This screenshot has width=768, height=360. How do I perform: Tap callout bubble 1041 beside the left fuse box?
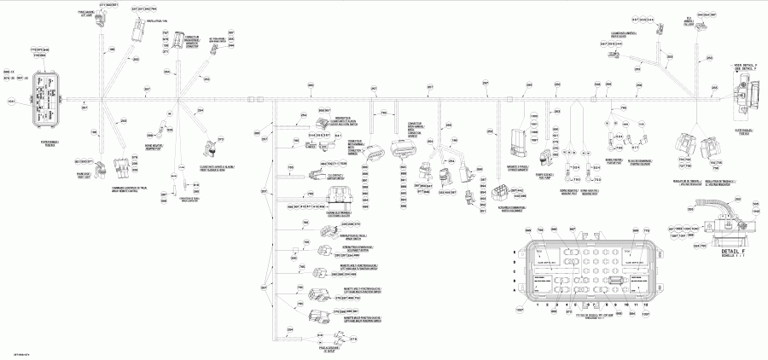tap(11, 102)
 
